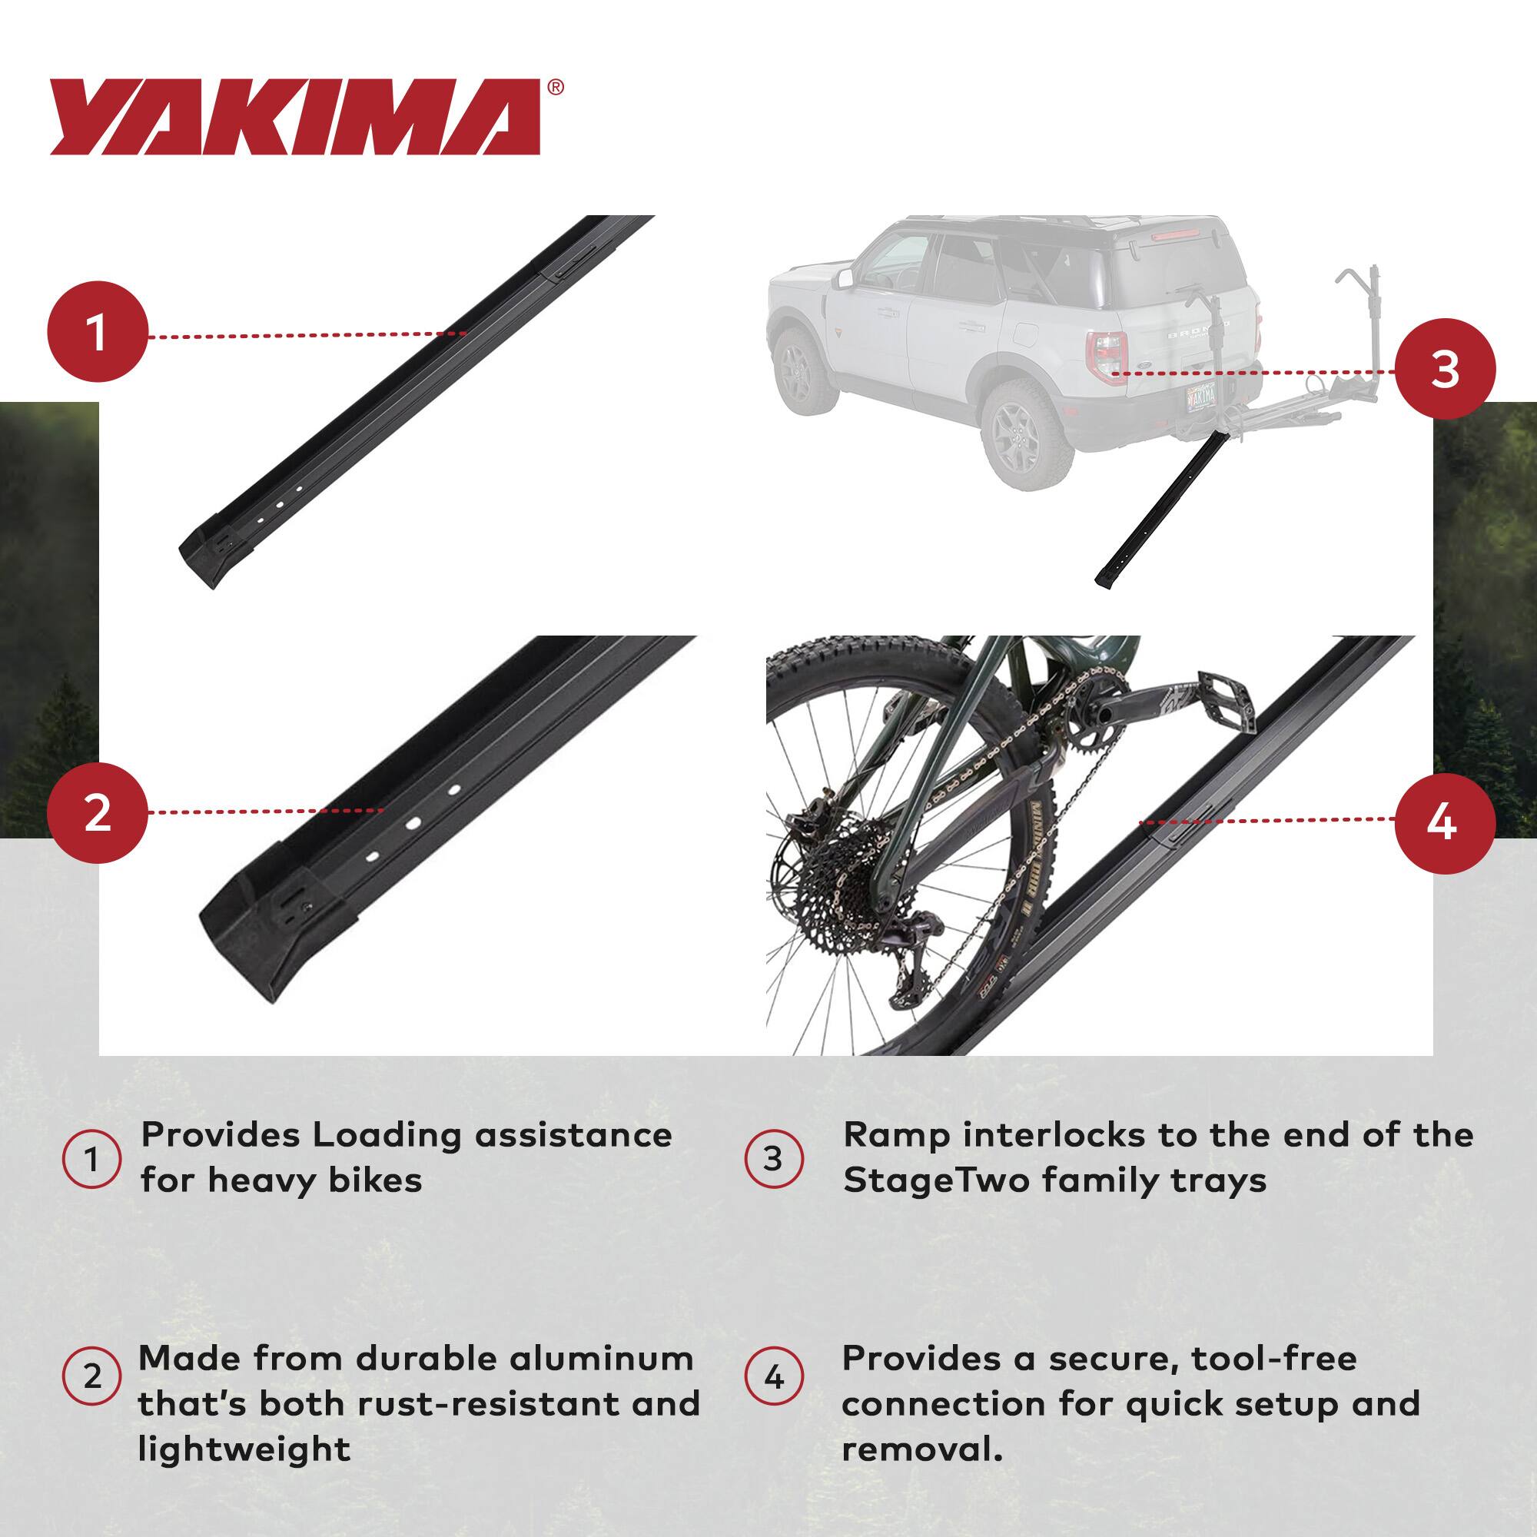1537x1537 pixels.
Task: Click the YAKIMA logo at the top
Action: tap(295, 117)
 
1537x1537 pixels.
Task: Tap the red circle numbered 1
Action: tap(97, 332)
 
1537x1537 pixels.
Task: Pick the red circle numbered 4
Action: tap(1445, 822)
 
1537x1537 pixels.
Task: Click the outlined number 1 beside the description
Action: tap(92, 1159)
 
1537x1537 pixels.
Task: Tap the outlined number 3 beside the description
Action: tap(774, 1159)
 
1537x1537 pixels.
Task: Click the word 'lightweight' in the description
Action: tap(244, 1449)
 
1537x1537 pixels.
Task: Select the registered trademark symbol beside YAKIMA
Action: tap(556, 88)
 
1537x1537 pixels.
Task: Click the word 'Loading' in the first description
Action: tap(387, 1135)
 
